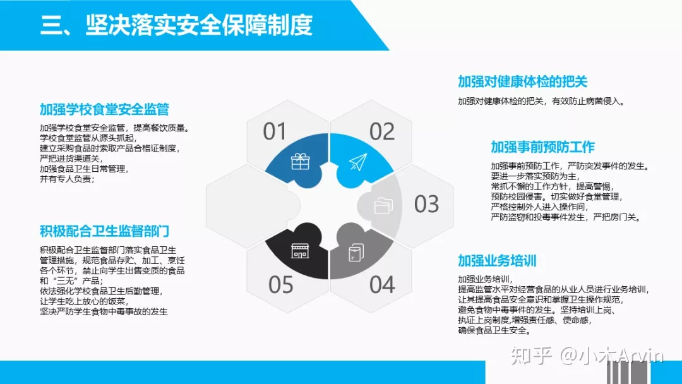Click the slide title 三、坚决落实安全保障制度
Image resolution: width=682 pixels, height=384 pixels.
(176, 25)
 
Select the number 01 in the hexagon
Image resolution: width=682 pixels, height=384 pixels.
(275, 131)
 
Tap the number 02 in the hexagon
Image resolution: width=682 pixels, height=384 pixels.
(382, 131)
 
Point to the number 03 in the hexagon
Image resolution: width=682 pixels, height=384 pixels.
(426, 204)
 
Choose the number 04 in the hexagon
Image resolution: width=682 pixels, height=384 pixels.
(382, 285)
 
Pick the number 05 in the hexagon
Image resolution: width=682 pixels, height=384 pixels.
(280, 285)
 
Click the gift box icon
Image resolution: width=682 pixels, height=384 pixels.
(300, 162)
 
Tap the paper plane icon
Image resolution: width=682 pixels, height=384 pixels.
(358, 162)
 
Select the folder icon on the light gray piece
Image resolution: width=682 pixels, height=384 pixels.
(383, 206)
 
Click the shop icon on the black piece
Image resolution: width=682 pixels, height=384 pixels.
(300, 251)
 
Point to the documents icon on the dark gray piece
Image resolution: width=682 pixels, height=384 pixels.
(356, 253)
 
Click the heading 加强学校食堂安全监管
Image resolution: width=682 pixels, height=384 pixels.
(104, 110)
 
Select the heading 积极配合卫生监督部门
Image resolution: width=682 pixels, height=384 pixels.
(104, 231)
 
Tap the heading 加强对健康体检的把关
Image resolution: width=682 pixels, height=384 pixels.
(522, 81)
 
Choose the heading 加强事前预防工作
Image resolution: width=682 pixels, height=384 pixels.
(542, 147)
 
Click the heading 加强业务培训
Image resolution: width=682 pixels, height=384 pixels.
(497, 261)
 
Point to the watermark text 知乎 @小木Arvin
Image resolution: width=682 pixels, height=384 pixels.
(587, 356)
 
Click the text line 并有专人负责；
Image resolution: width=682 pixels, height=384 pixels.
(68, 179)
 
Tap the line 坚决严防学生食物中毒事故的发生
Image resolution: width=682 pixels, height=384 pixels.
(104, 311)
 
